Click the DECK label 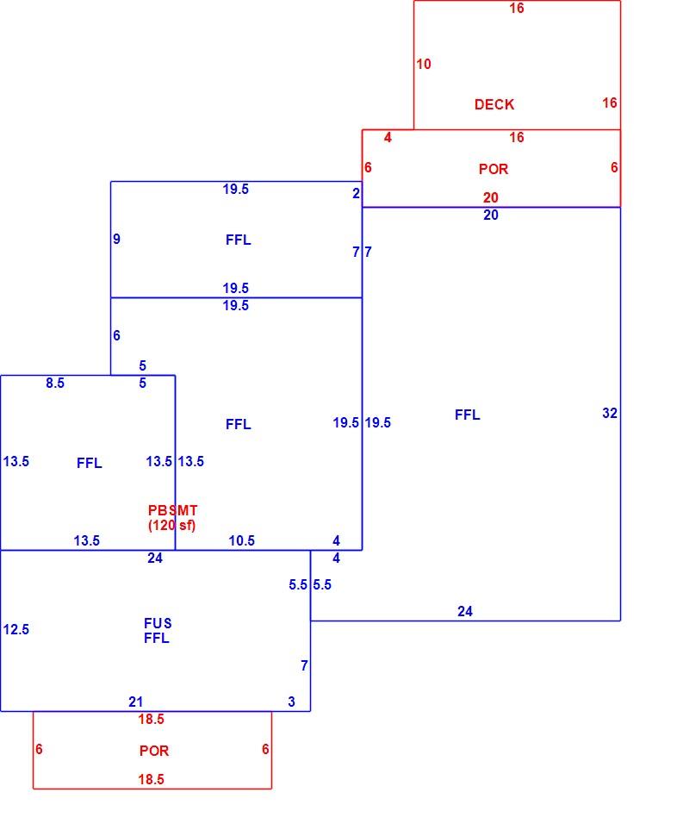click(x=494, y=104)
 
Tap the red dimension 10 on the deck click(x=424, y=64)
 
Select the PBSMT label click(x=172, y=510)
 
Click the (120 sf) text click(x=171, y=525)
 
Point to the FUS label click(x=158, y=623)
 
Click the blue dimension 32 click(x=610, y=413)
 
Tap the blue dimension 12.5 click(x=16, y=630)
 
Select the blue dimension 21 click(x=136, y=702)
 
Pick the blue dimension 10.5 click(x=242, y=540)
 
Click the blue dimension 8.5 click(x=55, y=383)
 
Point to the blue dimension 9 click(x=116, y=239)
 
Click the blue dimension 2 click(x=356, y=193)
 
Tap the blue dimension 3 click(x=291, y=702)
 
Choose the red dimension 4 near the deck click(x=388, y=138)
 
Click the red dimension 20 click(x=491, y=198)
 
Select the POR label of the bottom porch click(x=154, y=751)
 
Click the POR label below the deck click(x=494, y=169)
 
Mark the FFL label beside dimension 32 click(x=467, y=415)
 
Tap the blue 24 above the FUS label click(x=155, y=558)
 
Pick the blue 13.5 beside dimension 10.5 click(x=87, y=540)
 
